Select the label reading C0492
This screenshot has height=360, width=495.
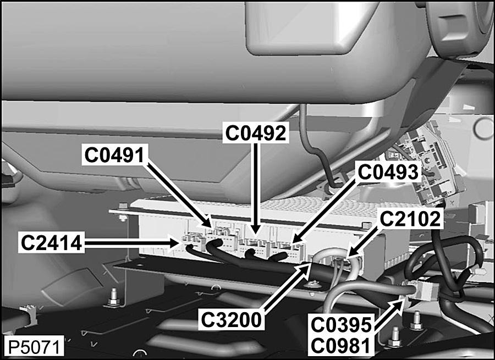coord(256,133)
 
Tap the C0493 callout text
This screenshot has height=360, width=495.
coord(388,171)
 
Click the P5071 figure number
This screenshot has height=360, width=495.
coord(34,346)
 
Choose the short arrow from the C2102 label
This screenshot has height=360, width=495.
coord(366,242)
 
